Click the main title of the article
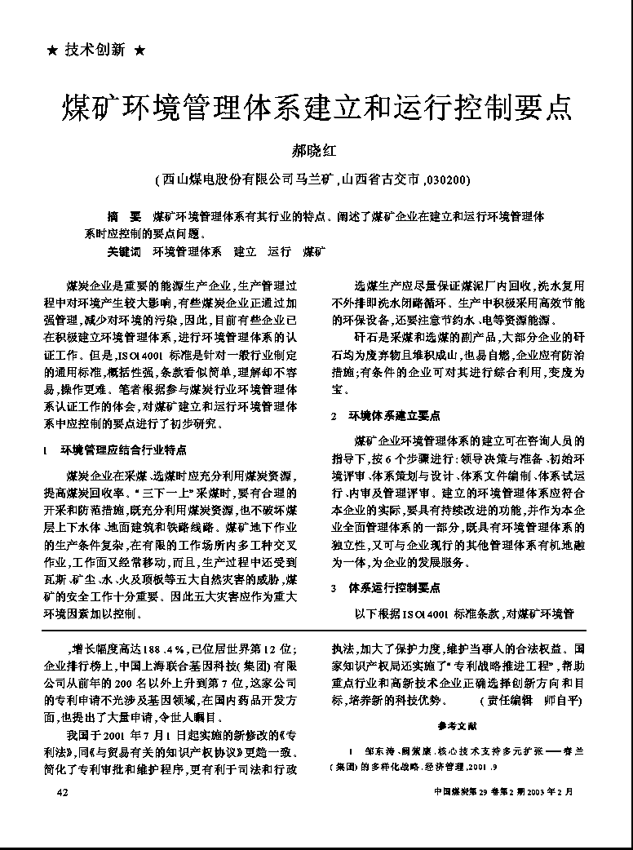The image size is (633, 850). (x=316, y=108)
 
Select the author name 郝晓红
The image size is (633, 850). (x=316, y=151)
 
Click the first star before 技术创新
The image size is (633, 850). (x=53, y=51)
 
